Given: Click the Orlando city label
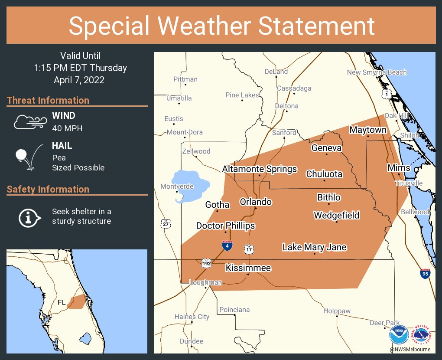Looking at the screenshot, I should (x=256, y=202).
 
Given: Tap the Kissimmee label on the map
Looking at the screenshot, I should (x=248, y=268).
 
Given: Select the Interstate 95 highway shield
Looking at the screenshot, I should (x=425, y=274).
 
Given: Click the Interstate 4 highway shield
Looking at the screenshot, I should (x=227, y=245).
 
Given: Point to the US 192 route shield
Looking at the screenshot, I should (x=206, y=263).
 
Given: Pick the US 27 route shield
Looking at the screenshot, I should (x=165, y=224).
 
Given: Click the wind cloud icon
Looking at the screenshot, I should (x=30, y=122).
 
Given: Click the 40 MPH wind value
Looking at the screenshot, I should (x=67, y=128).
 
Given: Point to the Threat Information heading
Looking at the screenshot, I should (x=48, y=100).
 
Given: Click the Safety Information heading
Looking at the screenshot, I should (x=48, y=189).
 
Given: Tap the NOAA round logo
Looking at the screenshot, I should (x=399, y=335).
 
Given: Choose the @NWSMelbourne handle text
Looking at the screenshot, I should (x=410, y=350).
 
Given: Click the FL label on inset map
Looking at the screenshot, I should (x=62, y=302).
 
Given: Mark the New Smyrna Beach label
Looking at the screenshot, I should (x=377, y=72).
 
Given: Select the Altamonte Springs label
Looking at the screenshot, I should (x=260, y=169).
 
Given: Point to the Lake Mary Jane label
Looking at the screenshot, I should (x=314, y=247).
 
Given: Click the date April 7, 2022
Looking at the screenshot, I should (x=79, y=80).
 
